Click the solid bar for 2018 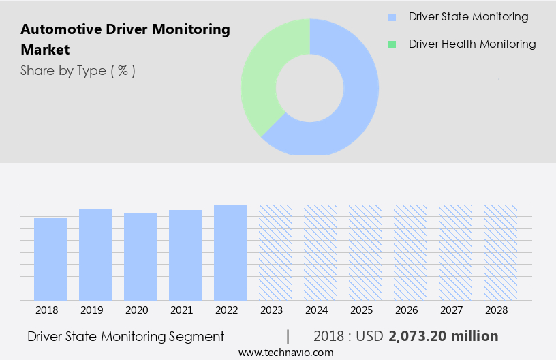(x=50, y=259)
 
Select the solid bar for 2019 (x=95, y=254)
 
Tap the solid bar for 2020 (x=140, y=256)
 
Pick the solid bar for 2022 (x=230, y=252)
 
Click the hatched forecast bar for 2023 (x=275, y=252)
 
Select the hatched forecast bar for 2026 (x=410, y=252)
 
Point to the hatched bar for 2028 (x=500, y=252)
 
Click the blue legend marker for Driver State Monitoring (x=392, y=17)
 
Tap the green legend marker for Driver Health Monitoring (x=392, y=44)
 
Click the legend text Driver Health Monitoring (x=472, y=44)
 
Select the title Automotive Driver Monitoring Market (x=125, y=40)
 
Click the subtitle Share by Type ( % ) (x=78, y=70)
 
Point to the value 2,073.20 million (x=443, y=336)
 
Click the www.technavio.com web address (x=285, y=352)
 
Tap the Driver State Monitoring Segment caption (x=126, y=336)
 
